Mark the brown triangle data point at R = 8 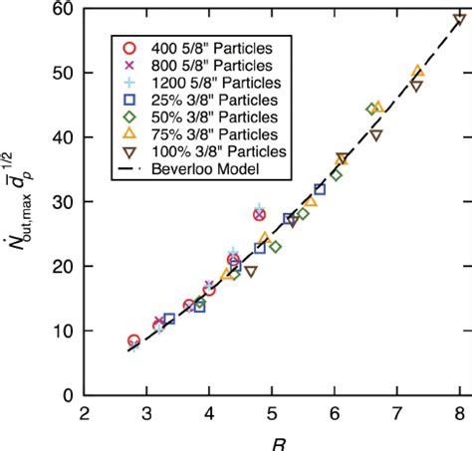coord(459,19)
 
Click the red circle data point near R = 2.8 coord(134,340)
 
